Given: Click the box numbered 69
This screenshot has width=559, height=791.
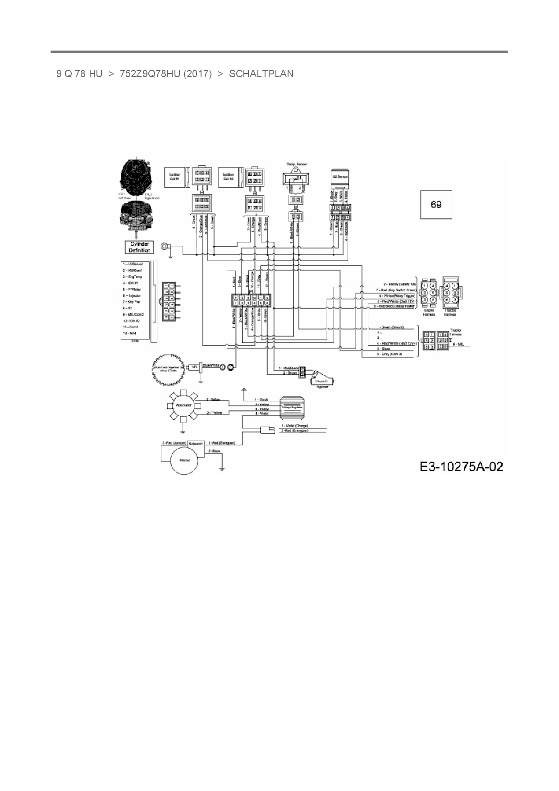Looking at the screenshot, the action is click(x=436, y=205).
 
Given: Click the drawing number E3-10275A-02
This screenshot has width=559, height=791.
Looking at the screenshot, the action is click(x=461, y=466).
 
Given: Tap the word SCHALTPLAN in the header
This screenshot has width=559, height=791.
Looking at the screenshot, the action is click(x=261, y=74).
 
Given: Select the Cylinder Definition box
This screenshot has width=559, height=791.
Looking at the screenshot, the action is click(x=139, y=247).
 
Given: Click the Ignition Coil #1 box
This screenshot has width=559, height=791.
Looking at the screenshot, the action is click(x=175, y=177).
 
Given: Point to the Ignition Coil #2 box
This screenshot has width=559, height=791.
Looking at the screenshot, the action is click(x=229, y=177).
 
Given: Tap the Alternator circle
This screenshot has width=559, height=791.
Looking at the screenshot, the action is click(x=183, y=405).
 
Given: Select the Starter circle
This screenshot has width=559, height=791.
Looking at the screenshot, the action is click(x=184, y=460).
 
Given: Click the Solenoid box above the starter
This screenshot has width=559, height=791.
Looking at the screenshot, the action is click(x=196, y=443).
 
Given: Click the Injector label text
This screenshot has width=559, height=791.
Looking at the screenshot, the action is click(x=322, y=386).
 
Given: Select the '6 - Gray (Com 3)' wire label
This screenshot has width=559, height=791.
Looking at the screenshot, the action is click(x=389, y=354).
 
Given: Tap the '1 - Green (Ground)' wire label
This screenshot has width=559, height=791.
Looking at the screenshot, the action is click(x=390, y=327).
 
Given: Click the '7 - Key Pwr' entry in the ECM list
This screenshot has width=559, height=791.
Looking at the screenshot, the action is click(x=132, y=301).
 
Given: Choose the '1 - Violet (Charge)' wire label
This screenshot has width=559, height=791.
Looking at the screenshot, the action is click(x=294, y=426).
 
